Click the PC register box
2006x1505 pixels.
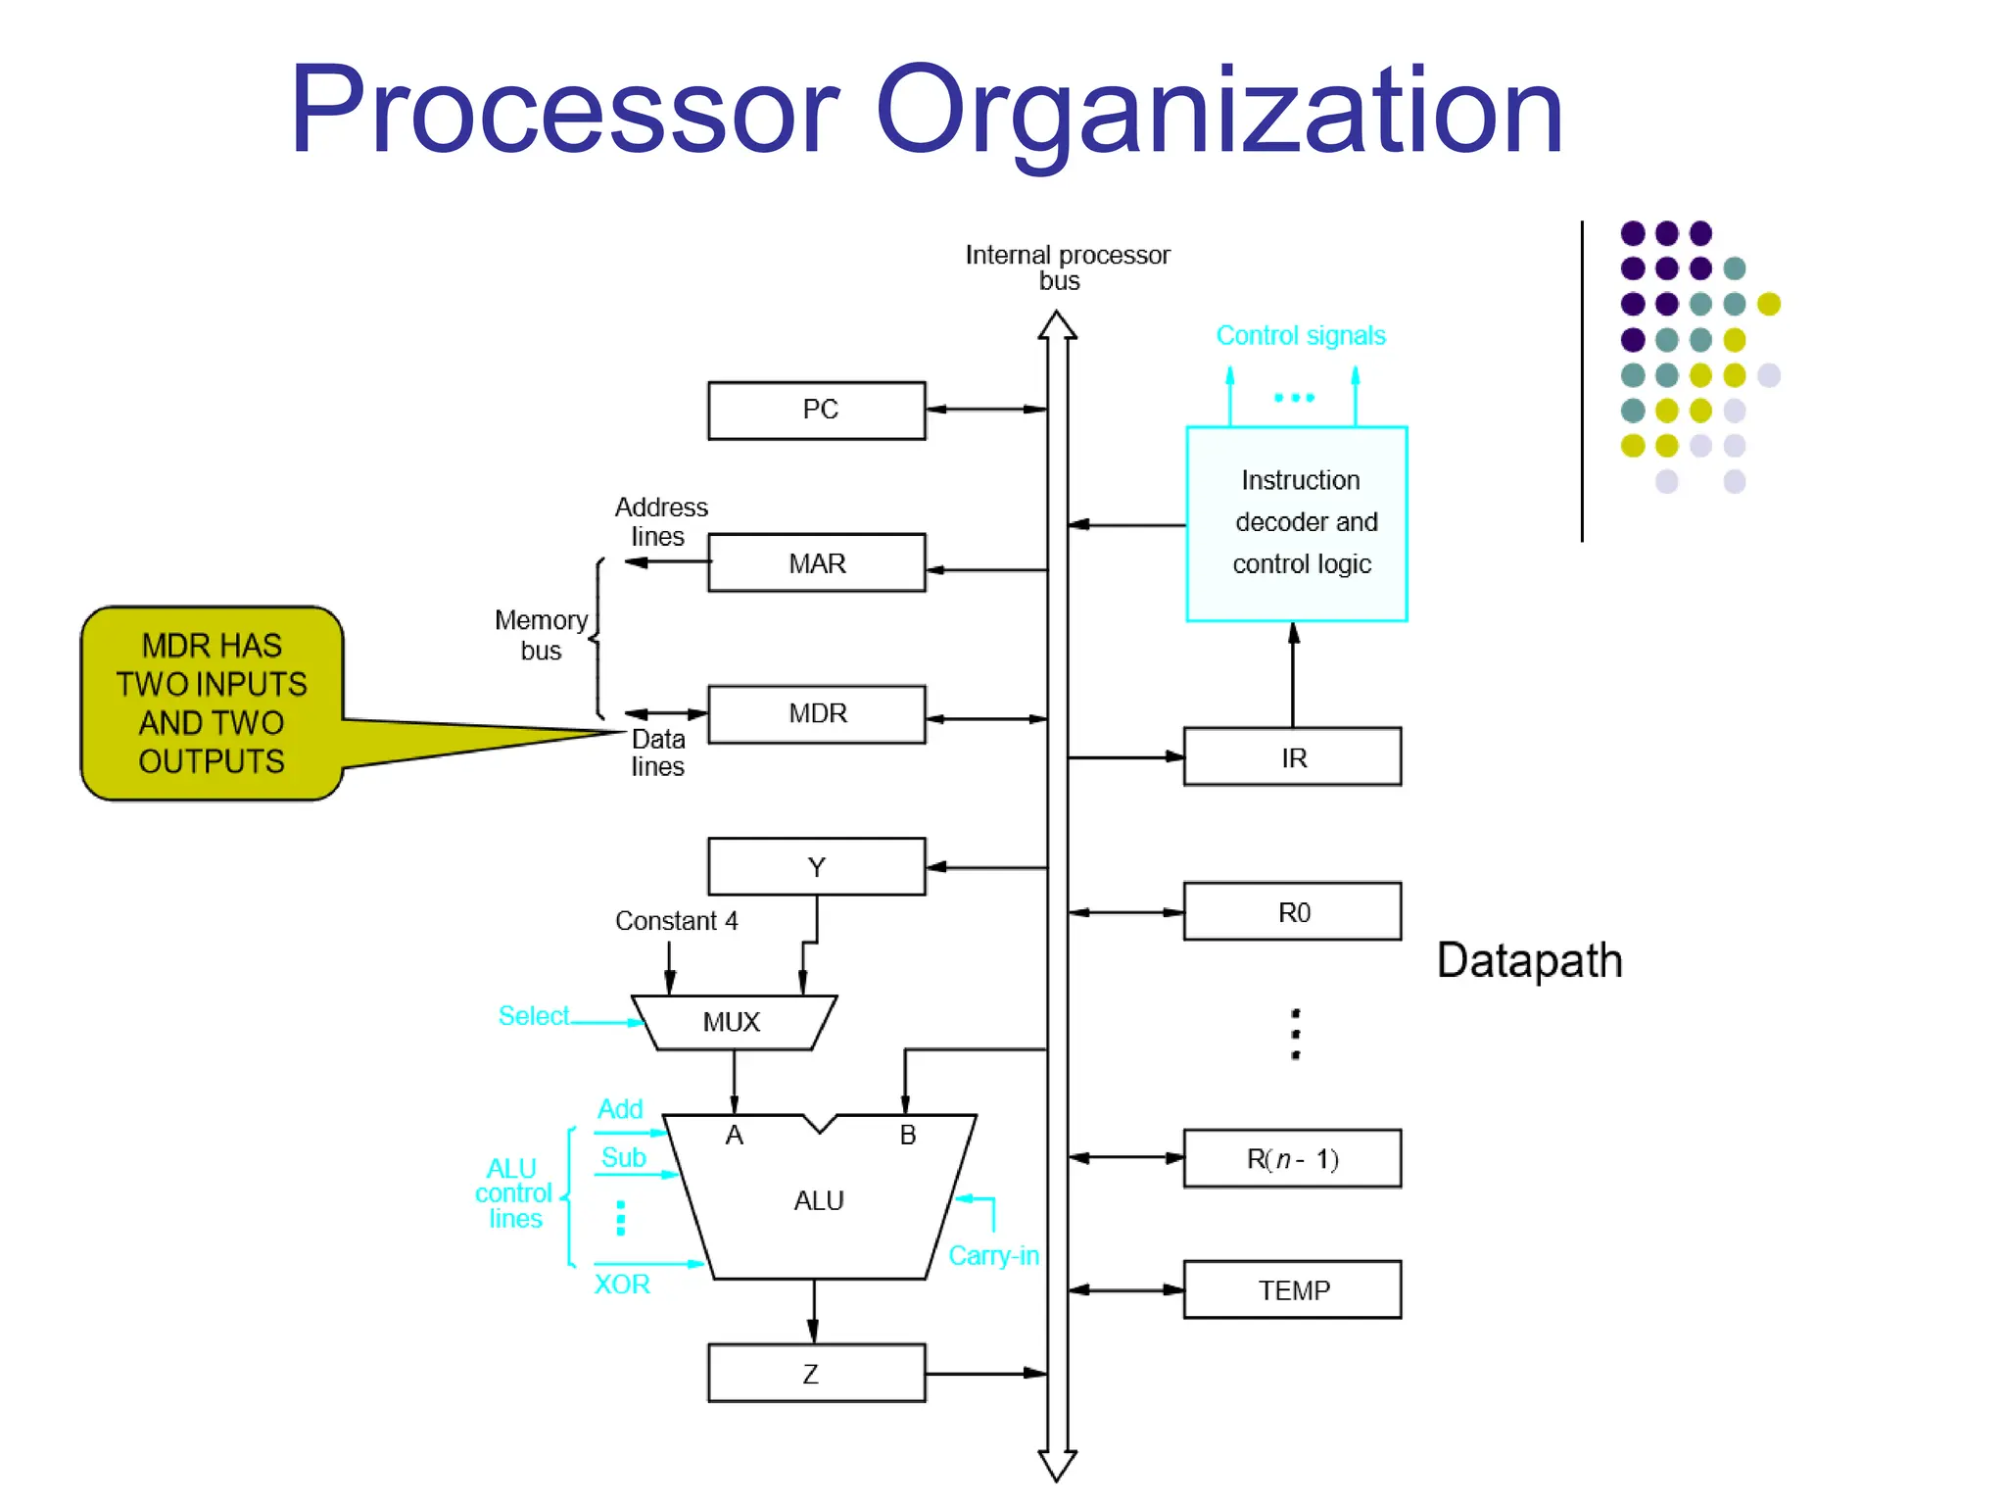817,411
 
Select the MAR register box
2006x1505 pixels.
817,562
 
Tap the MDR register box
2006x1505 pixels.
817,713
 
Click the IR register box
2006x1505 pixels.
1292,757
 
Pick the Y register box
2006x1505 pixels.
817,866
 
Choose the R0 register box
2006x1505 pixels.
1292,912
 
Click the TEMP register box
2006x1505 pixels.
1292,1290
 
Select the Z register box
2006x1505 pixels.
817,1374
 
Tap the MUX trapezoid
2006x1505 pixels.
733,1023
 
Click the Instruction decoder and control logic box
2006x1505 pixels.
1297,523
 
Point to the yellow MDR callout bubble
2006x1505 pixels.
212,703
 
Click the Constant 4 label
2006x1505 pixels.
676,921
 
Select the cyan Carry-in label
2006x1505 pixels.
993,1256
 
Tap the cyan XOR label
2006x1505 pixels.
622,1285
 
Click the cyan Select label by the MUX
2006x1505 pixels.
533,1016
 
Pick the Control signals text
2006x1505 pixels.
1301,336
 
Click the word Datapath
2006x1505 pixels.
1529,960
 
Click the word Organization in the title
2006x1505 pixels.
1218,113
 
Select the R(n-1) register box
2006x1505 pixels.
1292,1159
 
